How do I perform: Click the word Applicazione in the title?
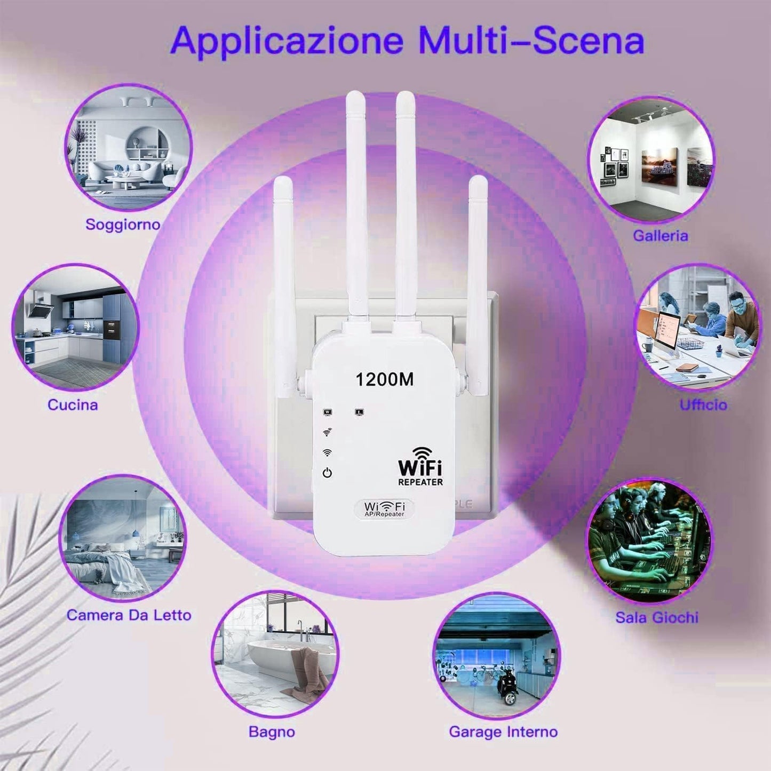tap(287, 41)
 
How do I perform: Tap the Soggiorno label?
tap(123, 225)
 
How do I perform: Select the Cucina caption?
tap(73, 405)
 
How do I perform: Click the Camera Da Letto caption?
tap(129, 615)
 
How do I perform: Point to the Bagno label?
tap(272, 732)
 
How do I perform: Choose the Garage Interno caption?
tap(503, 732)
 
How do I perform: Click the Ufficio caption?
tap(703, 405)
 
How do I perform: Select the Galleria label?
tap(661, 236)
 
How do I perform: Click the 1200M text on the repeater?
tap(384, 379)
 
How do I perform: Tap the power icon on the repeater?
tap(327, 473)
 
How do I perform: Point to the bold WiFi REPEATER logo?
tap(420, 466)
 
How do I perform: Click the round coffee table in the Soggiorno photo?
tap(131, 182)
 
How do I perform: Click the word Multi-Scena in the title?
tap(534, 41)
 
